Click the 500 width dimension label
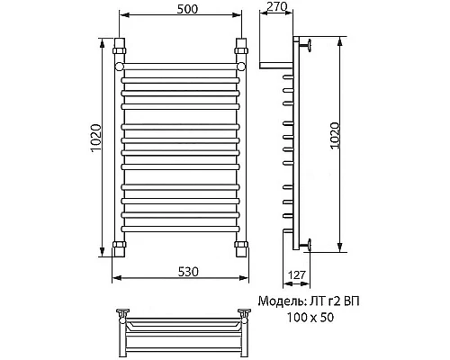[x=187, y=9]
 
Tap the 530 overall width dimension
[x=188, y=272]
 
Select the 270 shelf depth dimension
[x=277, y=6]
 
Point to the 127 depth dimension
[x=297, y=274]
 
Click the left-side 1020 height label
[x=96, y=139]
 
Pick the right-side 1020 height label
[x=334, y=135]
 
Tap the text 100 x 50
[x=310, y=317]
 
